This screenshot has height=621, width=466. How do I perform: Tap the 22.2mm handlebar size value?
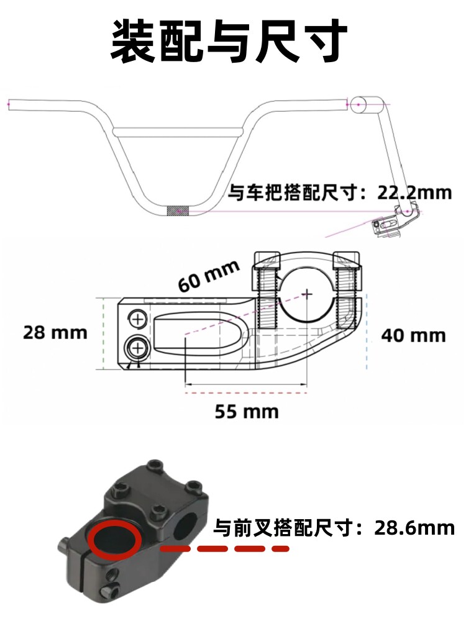pos(414,193)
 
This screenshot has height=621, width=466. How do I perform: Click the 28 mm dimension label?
pos(55,332)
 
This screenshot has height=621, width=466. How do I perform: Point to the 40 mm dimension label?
pos(413,336)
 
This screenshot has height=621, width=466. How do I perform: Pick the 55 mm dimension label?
pos(247,412)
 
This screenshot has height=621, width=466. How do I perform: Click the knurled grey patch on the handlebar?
pos(178,211)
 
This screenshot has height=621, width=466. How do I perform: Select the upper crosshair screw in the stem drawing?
pos(137,319)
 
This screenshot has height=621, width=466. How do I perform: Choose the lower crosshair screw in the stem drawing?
pos(137,348)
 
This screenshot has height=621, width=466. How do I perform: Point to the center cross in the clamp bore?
pos(307,294)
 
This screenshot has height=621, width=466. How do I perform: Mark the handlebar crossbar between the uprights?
pos(178,130)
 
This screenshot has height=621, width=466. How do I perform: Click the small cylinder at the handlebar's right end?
pos(367,105)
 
